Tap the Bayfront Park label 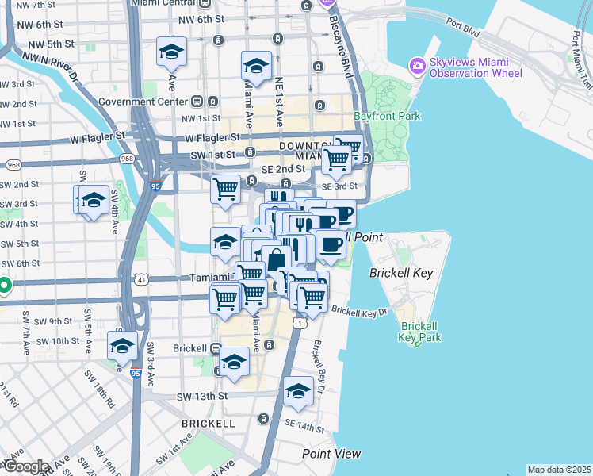387,116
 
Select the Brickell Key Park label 419,332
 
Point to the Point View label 331,454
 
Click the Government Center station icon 195,102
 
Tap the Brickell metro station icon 216,348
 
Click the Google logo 25,466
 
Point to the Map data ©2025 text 559,470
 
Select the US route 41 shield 141,279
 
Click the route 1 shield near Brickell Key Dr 300,324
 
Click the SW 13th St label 202,396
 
